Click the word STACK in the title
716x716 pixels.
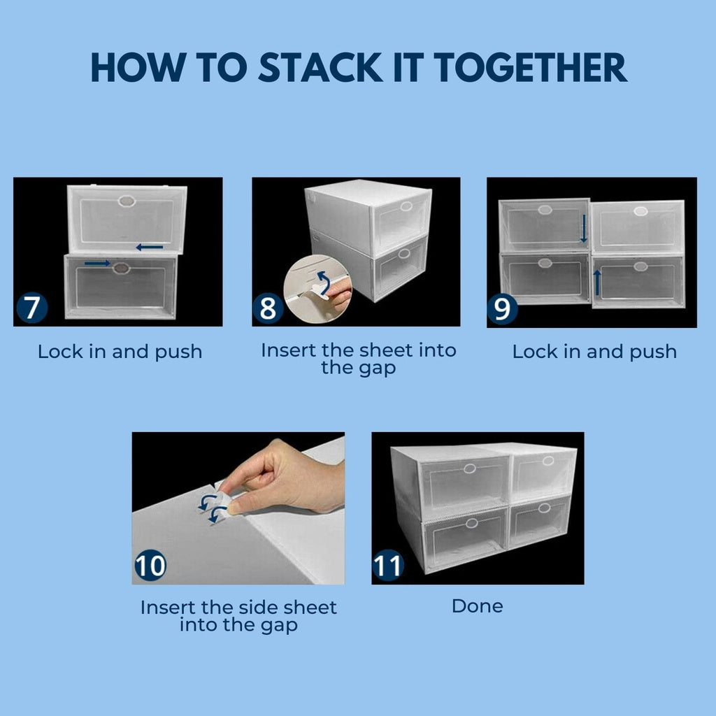pos(320,68)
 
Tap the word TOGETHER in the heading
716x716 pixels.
pos(531,68)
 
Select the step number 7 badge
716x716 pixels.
pos(32,308)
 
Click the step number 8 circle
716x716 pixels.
pos(268,308)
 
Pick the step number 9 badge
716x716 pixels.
pos(502,309)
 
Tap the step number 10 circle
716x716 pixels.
pos(150,565)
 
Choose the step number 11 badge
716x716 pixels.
pos(388,565)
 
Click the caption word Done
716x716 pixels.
pos(477,606)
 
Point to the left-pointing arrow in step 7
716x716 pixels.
pos(150,248)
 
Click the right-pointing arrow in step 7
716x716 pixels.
pos(97,263)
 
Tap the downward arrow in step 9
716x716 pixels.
pos(583,229)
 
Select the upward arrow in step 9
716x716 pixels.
pos(596,282)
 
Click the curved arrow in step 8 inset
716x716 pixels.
pos(324,283)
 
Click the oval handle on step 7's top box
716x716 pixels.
pos(127,201)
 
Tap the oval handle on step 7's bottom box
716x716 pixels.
pos(121,268)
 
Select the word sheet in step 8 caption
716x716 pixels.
pos(386,351)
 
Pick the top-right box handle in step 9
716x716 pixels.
pos(640,211)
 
